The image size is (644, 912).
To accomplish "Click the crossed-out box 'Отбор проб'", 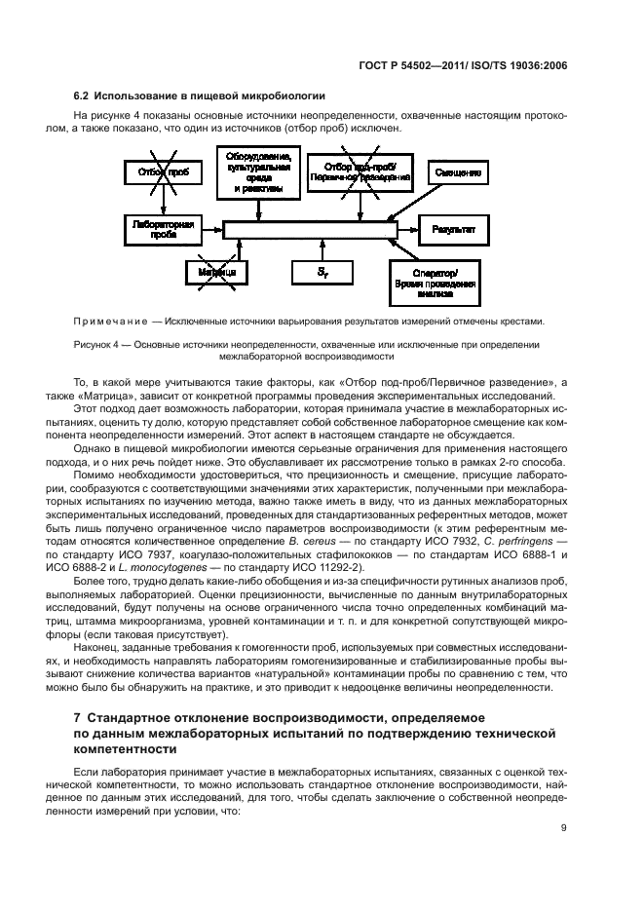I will coord(163,173).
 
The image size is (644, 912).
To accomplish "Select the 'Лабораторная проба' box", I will coord(163,230).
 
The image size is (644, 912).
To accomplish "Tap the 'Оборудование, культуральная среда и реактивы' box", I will coord(256,171).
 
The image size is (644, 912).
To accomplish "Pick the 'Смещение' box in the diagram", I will coord(458,172).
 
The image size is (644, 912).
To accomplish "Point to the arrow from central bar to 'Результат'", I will coord(406,230).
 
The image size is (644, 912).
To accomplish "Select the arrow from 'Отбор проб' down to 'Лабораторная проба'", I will coord(163,201).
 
